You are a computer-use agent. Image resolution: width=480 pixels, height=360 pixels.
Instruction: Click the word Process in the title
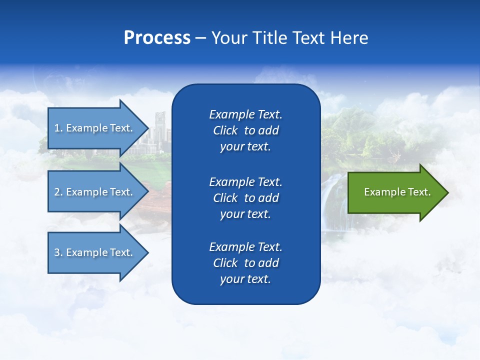click(x=157, y=38)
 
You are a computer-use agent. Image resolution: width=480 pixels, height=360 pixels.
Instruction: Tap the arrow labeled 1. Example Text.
click(x=95, y=128)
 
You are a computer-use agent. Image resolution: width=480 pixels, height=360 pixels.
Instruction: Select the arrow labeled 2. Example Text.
click(x=95, y=192)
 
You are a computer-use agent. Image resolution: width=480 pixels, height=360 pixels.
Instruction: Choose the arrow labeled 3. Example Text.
click(x=95, y=252)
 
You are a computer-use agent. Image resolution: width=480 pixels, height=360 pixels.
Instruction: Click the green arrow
click(x=395, y=192)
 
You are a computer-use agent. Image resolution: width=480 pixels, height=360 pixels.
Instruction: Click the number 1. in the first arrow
click(x=58, y=128)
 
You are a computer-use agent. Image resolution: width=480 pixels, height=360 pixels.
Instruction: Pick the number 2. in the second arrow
click(x=58, y=192)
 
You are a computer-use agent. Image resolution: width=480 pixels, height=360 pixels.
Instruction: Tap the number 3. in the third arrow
click(x=58, y=252)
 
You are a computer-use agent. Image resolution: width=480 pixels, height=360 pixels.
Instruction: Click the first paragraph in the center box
click(x=245, y=130)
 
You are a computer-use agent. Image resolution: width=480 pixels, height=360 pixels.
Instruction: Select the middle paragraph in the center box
click(x=245, y=198)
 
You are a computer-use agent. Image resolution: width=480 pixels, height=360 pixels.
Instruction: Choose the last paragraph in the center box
click(x=245, y=263)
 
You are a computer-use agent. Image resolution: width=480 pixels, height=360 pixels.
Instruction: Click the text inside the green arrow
click(x=397, y=192)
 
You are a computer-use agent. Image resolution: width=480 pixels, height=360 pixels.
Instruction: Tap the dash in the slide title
click(x=201, y=38)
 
